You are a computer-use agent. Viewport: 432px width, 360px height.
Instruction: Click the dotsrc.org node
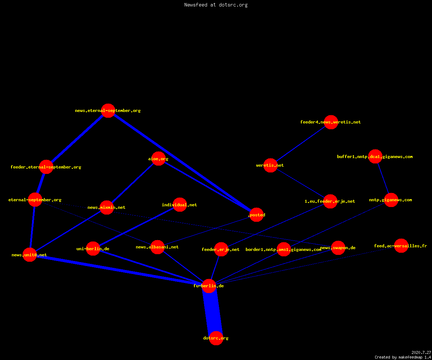(x=216, y=338)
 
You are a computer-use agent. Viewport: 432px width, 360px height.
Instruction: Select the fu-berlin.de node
(x=209, y=286)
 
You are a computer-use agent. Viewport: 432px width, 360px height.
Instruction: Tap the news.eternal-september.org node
(x=108, y=111)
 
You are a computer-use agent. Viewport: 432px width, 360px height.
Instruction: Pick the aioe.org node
(x=158, y=159)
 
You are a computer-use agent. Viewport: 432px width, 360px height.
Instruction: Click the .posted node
(x=257, y=215)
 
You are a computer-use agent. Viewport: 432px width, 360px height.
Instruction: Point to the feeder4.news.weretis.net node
(x=331, y=122)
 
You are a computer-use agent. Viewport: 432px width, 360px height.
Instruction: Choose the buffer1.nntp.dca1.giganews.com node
(x=375, y=156)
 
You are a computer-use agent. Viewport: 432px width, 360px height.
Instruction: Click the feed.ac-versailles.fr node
(x=401, y=246)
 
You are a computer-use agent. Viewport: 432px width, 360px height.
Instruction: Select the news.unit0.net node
(x=30, y=255)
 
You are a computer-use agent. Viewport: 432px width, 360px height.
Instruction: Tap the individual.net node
(x=180, y=204)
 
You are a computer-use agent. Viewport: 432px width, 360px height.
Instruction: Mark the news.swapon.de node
(x=338, y=248)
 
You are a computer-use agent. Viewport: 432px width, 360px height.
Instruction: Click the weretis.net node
(x=270, y=165)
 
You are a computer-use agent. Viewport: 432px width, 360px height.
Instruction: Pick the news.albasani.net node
(x=157, y=247)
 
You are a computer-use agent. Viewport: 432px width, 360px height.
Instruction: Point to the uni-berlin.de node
(x=93, y=248)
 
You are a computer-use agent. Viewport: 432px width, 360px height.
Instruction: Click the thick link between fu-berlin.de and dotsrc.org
(x=212, y=312)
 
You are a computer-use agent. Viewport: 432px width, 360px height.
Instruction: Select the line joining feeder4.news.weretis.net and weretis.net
(x=301, y=144)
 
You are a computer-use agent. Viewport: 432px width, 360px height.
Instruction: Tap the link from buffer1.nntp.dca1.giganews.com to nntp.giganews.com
(x=383, y=178)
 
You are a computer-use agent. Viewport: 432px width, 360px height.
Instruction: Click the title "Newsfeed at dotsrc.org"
(x=216, y=5)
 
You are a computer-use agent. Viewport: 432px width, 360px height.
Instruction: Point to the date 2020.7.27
(x=421, y=352)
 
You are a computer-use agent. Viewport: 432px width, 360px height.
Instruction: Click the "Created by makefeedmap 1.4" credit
(x=403, y=357)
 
